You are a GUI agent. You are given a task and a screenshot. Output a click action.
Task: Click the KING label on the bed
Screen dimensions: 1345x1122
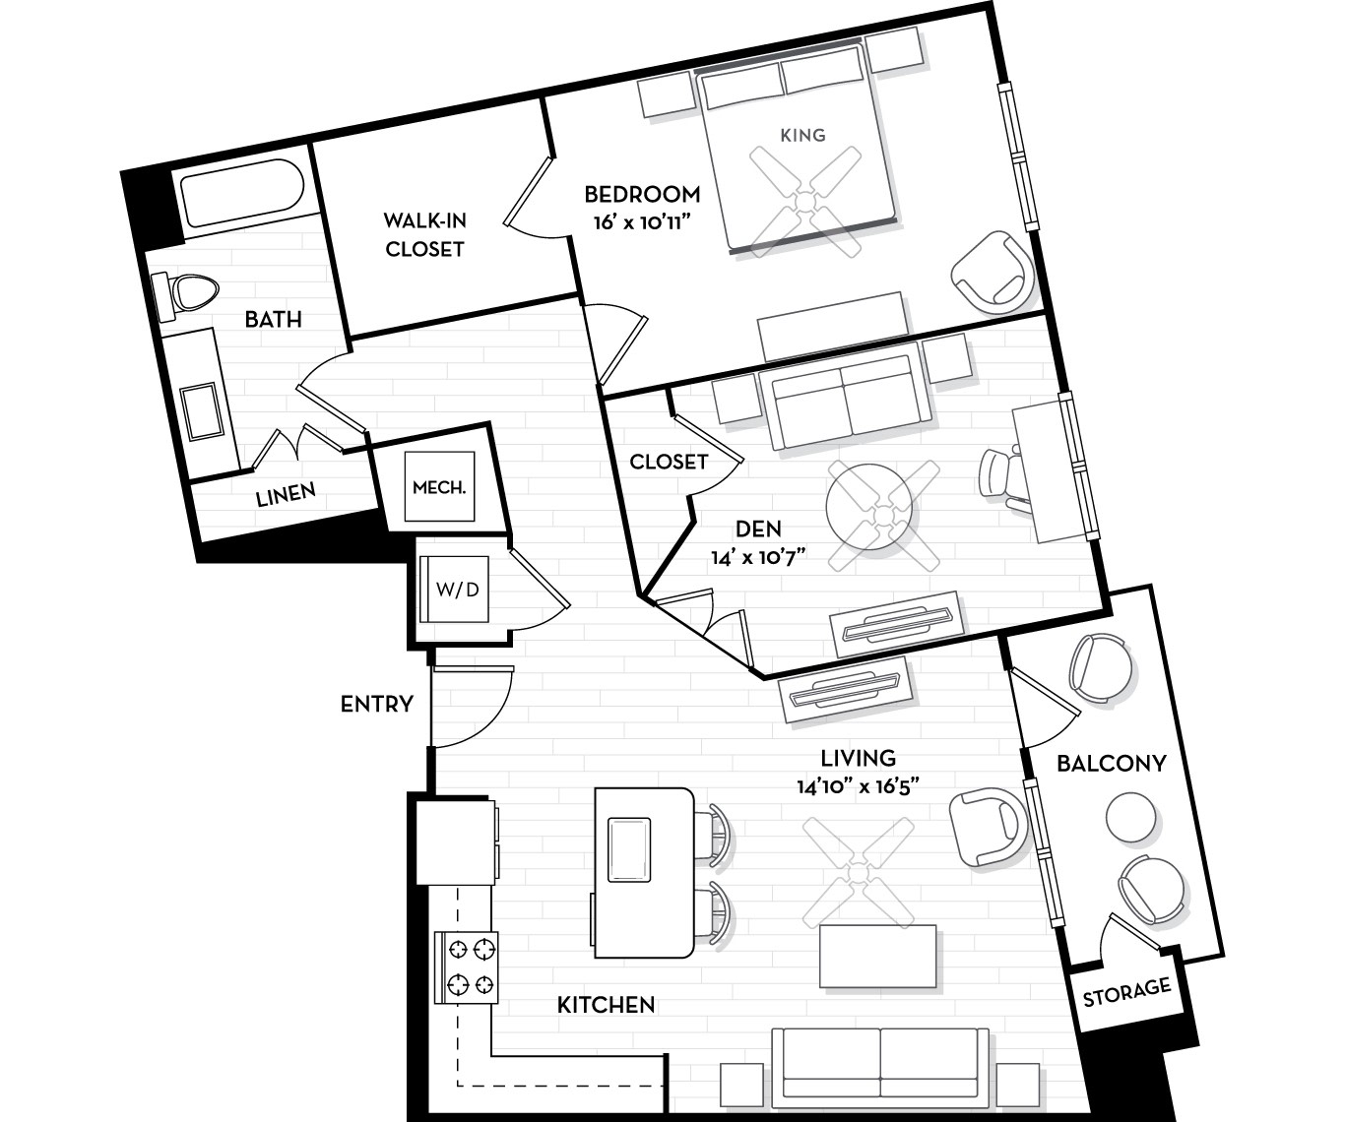pyautogui.click(x=802, y=135)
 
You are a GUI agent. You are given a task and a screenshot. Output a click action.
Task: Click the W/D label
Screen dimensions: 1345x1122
pyautogui.click(x=457, y=590)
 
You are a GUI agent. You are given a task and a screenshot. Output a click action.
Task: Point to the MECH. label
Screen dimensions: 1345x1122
pyautogui.click(x=439, y=487)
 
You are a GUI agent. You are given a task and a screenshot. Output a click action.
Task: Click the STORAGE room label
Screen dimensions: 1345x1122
pyautogui.click(x=1126, y=992)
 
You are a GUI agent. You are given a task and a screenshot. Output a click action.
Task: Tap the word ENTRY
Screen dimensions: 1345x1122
pyautogui.click(x=377, y=704)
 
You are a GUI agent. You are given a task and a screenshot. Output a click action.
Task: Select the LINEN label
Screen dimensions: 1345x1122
pyautogui.click(x=286, y=495)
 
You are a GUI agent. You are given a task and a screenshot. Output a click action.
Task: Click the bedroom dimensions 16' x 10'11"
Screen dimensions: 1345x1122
pyautogui.click(x=642, y=222)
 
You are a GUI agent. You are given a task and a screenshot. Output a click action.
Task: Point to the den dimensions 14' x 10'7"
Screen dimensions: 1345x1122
pyautogui.click(x=759, y=557)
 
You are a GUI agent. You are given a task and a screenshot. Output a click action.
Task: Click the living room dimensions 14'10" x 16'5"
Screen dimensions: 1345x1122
pyautogui.click(x=858, y=786)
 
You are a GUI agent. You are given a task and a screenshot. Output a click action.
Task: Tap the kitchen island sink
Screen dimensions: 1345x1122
pyautogui.click(x=629, y=849)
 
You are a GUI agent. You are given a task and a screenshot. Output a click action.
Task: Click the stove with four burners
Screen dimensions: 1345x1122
pyautogui.click(x=467, y=967)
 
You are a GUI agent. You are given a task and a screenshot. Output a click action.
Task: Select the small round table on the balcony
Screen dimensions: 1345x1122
pyautogui.click(x=1130, y=817)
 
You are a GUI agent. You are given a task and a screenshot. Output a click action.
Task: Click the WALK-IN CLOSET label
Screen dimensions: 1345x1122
pyautogui.click(x=424, y=235)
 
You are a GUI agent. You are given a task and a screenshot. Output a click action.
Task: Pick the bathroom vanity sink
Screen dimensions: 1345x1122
pyautogui.click(x=202, y=411)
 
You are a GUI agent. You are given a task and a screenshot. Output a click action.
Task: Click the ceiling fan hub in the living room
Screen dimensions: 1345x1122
pyautogui.click(x=859, y=873)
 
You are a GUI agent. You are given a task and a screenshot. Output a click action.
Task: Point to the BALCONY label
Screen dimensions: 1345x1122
pyautogui.click(x=1112, y=764)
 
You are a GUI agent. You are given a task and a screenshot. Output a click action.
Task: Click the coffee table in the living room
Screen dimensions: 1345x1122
pyautogui.click(x=878, y=956)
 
